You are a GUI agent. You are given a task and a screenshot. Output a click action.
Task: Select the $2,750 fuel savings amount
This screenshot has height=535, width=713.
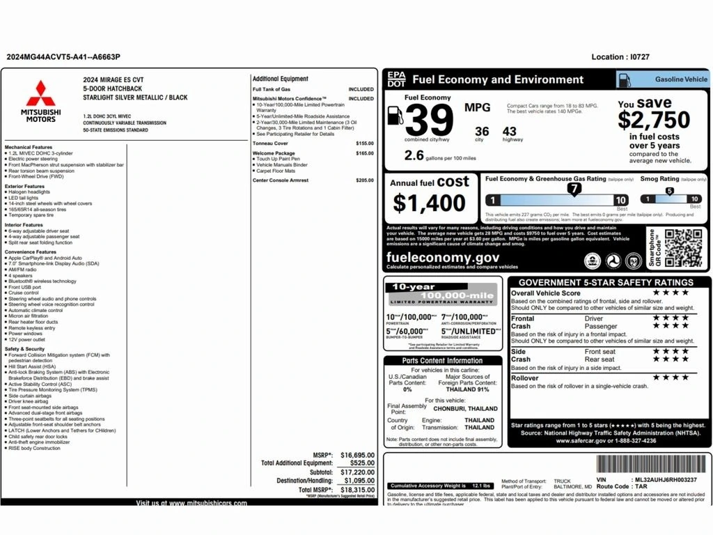click(x=654, y=120)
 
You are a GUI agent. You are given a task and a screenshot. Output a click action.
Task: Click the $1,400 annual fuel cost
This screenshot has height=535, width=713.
click(x=429, y=203)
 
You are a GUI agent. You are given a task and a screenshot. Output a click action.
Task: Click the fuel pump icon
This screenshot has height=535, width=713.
click(x=394, y=116)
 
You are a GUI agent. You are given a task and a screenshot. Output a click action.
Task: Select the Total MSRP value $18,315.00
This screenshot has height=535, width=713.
click(x=357, y=490)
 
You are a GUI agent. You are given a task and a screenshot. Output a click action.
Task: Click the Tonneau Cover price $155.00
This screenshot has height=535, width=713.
click(x=364, y=144)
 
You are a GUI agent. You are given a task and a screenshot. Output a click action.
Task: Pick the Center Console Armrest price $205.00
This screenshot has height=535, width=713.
click(x=364, y=180)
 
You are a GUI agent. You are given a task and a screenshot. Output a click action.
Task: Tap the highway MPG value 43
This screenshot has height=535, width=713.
click(x=509, y=131)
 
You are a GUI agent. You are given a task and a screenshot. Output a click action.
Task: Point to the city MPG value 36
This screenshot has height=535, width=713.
click(x=482, y=131)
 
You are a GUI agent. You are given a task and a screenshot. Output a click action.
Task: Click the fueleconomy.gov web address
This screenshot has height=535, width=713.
click(x=442, y=257)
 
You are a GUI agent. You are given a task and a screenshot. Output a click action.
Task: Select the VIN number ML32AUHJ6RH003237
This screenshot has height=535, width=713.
click(x=665, y=479)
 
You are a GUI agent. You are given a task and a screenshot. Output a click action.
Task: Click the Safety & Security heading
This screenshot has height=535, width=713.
click(x=24, y=349)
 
